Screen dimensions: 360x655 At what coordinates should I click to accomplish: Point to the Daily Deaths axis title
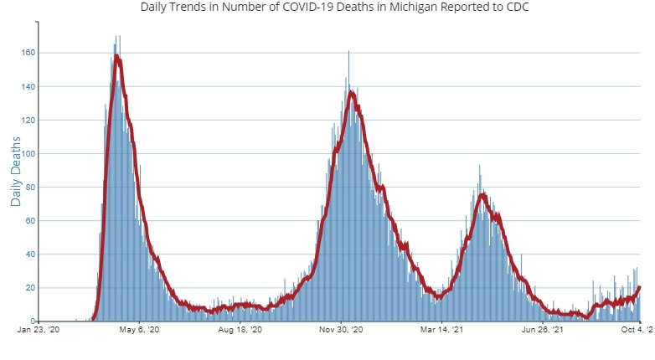pos(17,172)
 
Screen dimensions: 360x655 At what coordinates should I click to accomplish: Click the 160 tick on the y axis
pos(29,53)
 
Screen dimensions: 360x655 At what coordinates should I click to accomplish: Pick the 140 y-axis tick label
pos(29,86)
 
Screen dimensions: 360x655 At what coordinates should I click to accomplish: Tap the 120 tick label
pos(29,120)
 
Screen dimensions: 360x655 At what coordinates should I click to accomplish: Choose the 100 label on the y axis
pos(29,153)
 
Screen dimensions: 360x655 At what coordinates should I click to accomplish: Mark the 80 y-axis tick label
pos(31,187)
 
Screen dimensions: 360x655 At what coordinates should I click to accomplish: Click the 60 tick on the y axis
pos(31,220)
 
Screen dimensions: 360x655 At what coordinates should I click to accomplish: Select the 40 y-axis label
pos(31,254)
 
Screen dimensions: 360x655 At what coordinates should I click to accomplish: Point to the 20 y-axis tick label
pos(31,287)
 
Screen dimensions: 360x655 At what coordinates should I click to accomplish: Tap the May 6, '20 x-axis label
pos(139,331)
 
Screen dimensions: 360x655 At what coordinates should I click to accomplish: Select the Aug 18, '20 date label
pos(240,331)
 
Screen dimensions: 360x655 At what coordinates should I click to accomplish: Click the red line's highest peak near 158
pos(117,56)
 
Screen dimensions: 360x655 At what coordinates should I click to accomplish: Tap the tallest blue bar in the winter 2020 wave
pos(348,52)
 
